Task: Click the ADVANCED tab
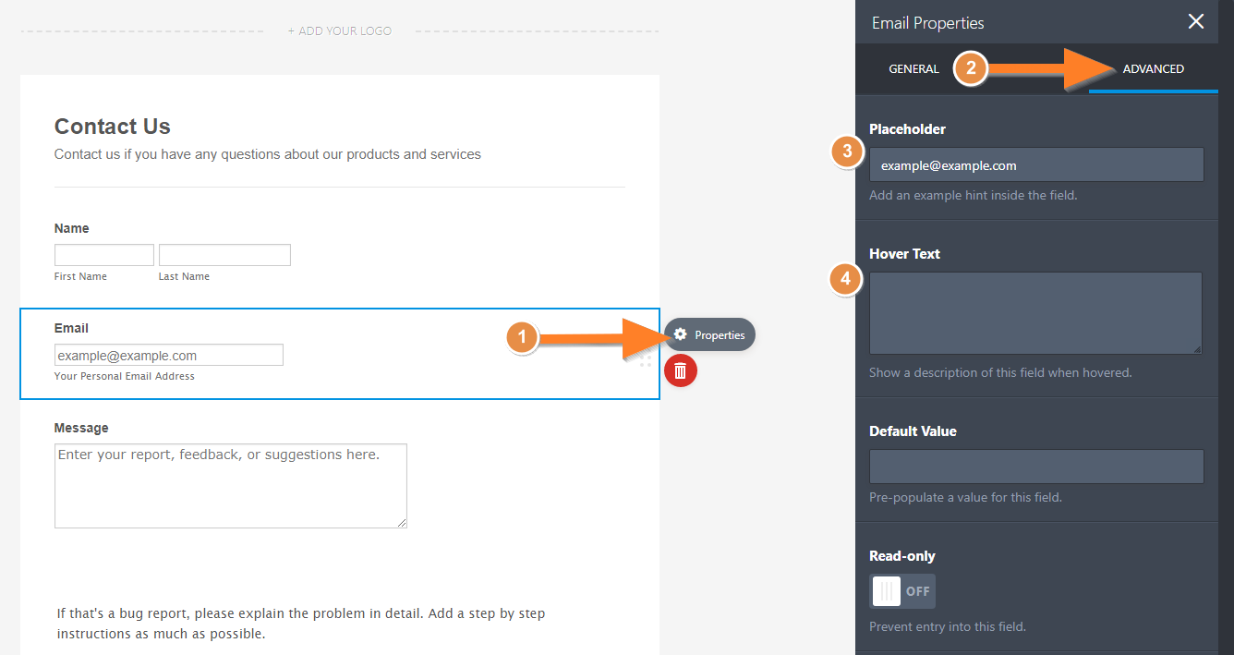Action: pos(1153,69)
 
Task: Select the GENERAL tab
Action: pos(913,69)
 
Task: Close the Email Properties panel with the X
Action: pos(1195,21)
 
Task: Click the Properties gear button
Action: pos(709,334)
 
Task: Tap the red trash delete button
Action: pos(681,370)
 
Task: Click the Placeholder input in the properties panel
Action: pos(1036,164)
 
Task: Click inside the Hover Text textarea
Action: pos(1035,312)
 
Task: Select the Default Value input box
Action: pos(1036,467)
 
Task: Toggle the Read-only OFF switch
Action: pos(902,591)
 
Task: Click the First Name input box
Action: pos(104,255)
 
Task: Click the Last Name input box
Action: pos(224,255)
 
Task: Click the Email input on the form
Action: pos(169,355)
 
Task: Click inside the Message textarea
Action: pos(231,486)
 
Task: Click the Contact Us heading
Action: pos(113,127)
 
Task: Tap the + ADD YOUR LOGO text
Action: pos(339,30)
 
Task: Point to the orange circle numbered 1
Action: pos(522,336)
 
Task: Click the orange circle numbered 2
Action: pos(971,68)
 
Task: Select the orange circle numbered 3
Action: pos(847,151)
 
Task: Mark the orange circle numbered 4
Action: pos(846,279)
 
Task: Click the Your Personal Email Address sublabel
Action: pos(124,376)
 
